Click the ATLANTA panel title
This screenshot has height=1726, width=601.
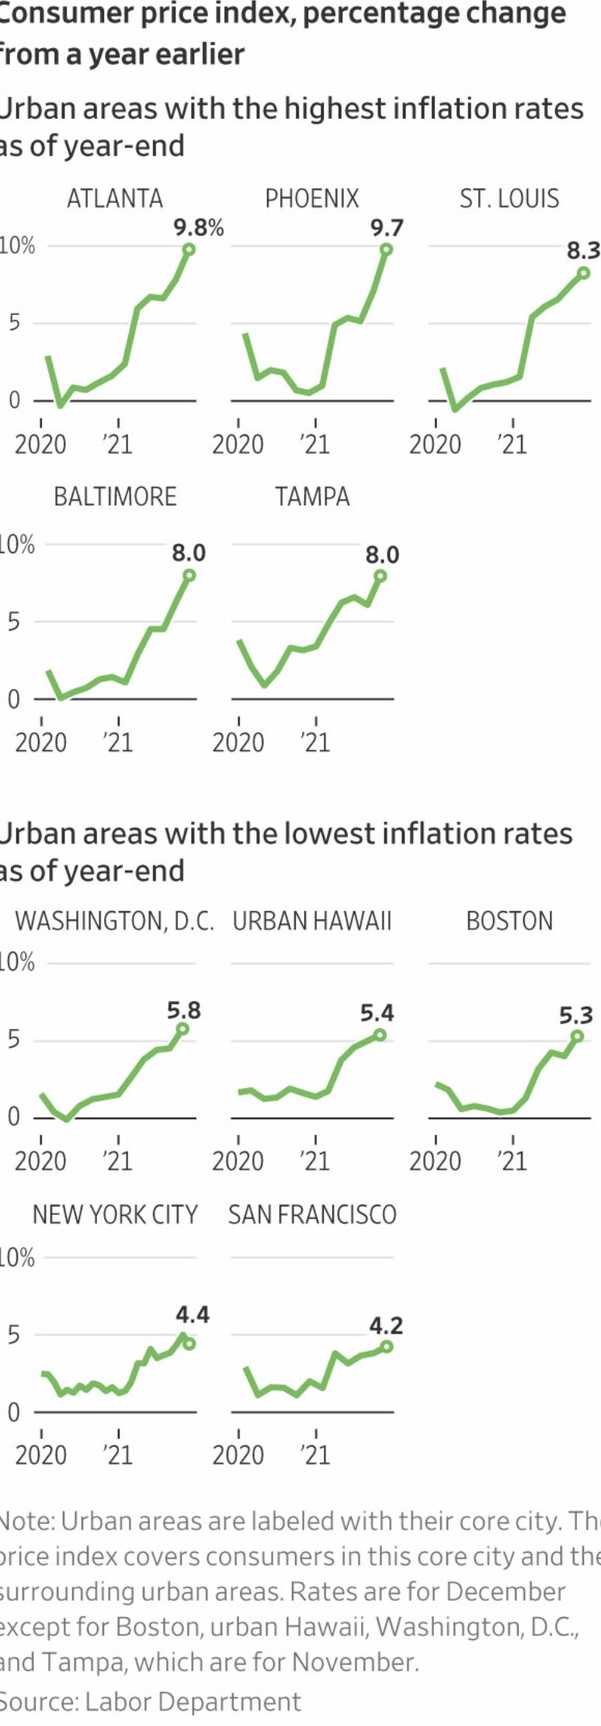[115, 199]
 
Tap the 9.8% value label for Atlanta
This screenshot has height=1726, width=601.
[198, 228]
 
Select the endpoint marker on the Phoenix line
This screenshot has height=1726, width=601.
[386, 249]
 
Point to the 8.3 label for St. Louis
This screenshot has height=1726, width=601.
[582, 250]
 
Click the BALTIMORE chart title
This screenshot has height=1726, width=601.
[115, 497]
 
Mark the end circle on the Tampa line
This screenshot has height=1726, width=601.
[380, 576]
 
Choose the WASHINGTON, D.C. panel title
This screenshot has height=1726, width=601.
[114, 921]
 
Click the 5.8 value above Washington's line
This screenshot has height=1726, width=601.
[184, 1011]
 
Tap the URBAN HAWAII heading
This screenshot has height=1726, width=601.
[312, 921]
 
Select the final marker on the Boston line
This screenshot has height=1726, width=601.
[577, 1036]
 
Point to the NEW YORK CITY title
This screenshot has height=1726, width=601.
[115, 1215]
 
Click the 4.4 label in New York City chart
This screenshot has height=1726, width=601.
[192, 1314]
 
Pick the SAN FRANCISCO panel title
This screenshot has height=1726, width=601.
[312, 1215]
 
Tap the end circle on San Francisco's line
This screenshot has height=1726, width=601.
[387, 1346]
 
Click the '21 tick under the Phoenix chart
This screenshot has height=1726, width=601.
[315, 444]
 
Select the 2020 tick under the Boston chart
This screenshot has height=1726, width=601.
[435, 1161]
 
